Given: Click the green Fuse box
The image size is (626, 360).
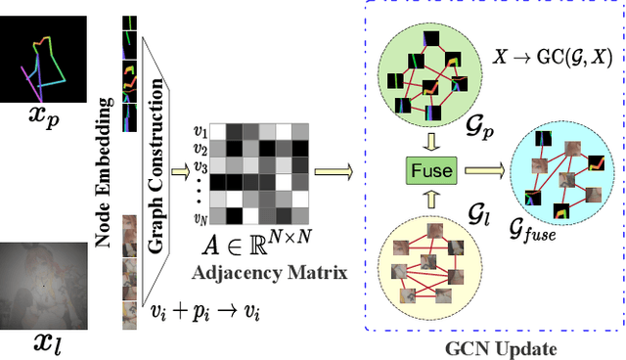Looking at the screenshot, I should click(x=432, y=171).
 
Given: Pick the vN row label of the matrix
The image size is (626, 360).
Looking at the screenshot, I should click(x=201, y=217).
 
